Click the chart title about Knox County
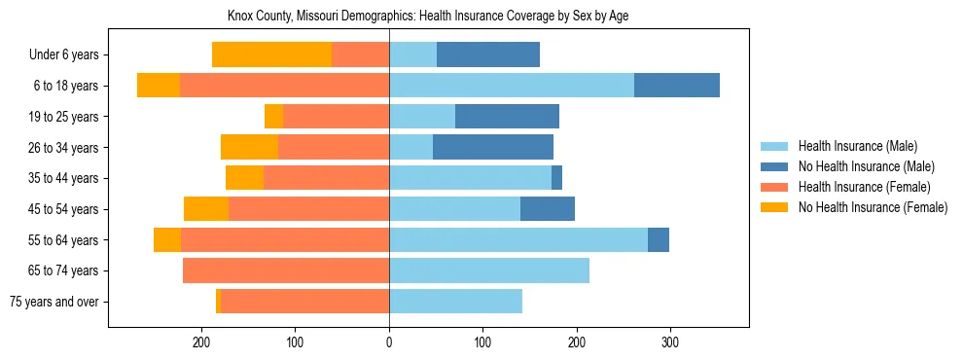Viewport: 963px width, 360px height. pyautogui.click(x=428, y=17)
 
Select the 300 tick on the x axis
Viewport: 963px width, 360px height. pyautogui.click(x=670, y=342)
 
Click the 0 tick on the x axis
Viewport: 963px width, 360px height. pyautogui.click(x=389, y=342)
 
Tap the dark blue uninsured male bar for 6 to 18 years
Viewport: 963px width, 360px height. pyautogui.click(x=677, y=86)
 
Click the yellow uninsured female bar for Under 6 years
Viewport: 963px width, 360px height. pyautogui.click(x=271, y=55)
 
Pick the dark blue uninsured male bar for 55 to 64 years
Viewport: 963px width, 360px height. pyautogui.click(x=659, y=239)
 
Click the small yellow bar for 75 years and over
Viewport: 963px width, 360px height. pyautogui.click(x=219, y=302)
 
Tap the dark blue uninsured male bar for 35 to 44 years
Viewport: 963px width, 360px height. pyautogui.click(x=556, y=178)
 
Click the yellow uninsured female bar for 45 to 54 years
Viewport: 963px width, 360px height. pyautogui.click(x=206, y=209)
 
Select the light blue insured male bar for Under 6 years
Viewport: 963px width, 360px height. pyautogui.click(x=413, y=55)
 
